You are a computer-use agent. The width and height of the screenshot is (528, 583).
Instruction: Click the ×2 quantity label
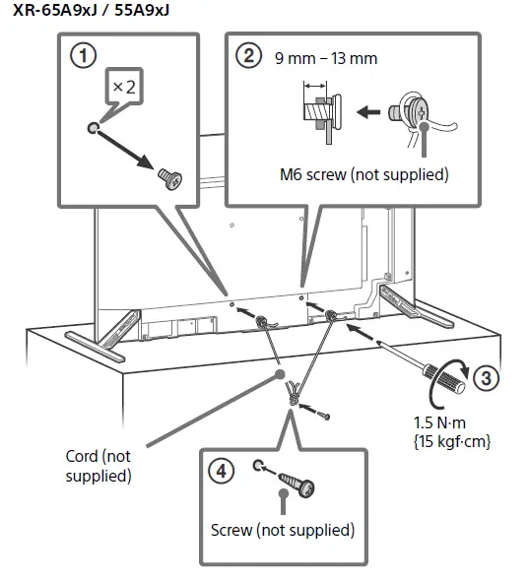coord(123,87)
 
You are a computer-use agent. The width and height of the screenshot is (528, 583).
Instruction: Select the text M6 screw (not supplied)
coord(363,175)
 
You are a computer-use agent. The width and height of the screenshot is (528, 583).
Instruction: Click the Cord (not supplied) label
coord(95,466)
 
